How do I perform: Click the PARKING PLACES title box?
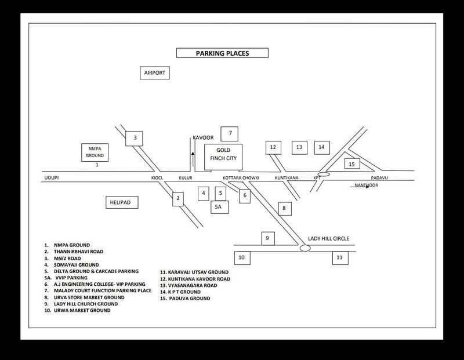(x=222, y=53)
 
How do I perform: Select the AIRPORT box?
(x=154, y=73)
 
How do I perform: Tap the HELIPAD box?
(x=122, y=202)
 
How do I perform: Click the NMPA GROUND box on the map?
(x=95, y=152)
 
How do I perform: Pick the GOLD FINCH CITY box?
(x=223, y=157)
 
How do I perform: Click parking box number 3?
(x=134, y=139)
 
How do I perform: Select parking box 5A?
(x=220, y=207)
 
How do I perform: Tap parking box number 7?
(x=229, y=134)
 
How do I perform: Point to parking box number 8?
(x=285, y=209)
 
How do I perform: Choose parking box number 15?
(x=352, y=163)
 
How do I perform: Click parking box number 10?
(x=242, y=257)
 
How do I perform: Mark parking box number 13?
(x=299, y=147)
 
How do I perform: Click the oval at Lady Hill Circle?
(x=305, y=248)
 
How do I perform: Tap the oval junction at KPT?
(x=324, y=174)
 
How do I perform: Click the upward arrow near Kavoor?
(x=193, y=159)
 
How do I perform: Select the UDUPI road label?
(x=52, y=178)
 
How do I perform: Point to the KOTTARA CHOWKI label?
(x=241, y=178)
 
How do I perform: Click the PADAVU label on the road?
(x=379, y=178)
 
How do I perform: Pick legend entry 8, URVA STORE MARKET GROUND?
(x=84, y=297)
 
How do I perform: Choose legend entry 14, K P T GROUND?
(x=180, y=292)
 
